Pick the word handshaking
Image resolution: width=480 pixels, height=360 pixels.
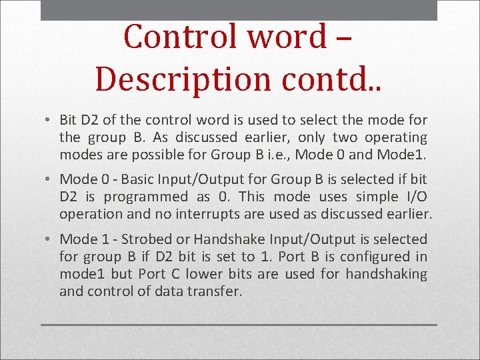point(386,273)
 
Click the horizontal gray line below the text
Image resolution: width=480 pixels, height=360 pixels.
point(239,325)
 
